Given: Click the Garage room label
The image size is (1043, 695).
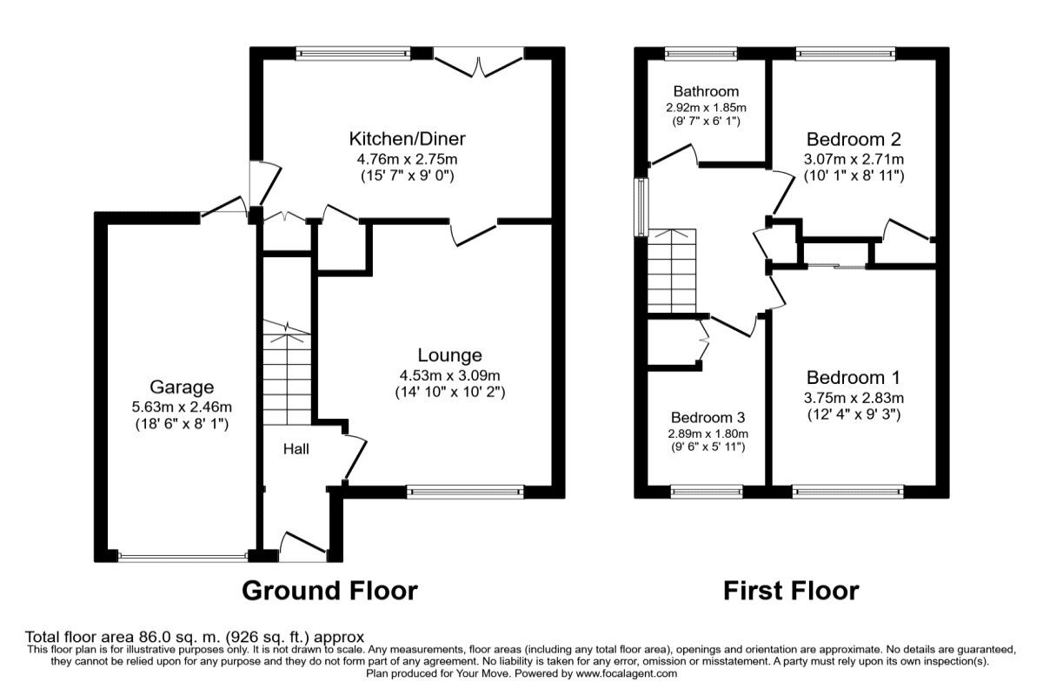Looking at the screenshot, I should [x=181, y=387].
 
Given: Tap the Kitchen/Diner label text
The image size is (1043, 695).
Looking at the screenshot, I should [x=407, y=139].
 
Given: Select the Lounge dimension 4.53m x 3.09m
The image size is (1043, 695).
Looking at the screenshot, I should [x=449, y=375].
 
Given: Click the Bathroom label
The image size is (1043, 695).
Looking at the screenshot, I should [x=706, y=91].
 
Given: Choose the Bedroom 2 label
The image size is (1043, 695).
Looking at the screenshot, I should [x=853, y=139].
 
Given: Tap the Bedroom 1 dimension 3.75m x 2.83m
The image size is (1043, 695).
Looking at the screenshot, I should [x=853, y=398].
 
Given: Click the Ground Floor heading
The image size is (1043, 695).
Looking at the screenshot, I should [x=329, y=591].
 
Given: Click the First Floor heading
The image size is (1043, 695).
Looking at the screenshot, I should [x=791, y=591].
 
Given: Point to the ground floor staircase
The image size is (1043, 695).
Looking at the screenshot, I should [x=286, y=374].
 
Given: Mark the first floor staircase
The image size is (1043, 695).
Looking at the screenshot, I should [x=672, y=269].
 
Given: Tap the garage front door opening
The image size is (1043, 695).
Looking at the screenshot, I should [x=183, y=556].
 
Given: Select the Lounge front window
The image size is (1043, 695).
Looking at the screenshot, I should [x=466, y=492].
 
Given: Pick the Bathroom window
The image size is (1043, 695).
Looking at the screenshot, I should [x=700, y=54].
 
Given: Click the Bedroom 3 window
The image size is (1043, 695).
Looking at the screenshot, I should [x=706, y=492].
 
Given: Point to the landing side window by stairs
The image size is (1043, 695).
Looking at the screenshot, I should [x=641, y=207].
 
